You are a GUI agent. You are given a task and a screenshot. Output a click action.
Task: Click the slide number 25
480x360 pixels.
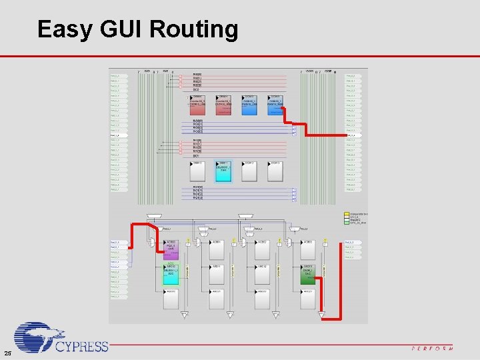pyautogui.click(x=7, y=353)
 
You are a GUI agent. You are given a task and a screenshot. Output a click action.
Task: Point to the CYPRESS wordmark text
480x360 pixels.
pyautogui.click(x=82, y=346)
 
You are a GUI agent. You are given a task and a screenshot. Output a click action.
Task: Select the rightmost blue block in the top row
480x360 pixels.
pyautogui.click(x=275, y=105)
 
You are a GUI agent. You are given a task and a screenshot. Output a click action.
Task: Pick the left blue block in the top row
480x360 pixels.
pyautogui.click(x=249, y=105)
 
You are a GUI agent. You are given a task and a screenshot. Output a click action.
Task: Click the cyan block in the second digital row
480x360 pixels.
pyautogui.click(x=223, y=171)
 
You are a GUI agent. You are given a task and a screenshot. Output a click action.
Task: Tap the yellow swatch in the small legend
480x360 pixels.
pyautogui.click(x=346, y=214)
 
